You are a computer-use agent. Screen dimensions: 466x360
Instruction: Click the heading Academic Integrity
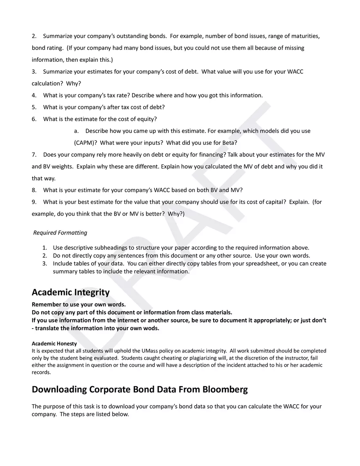[71, 293]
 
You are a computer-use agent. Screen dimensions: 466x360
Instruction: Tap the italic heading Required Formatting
[60, 233]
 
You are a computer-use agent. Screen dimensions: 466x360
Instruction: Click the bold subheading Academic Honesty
[54, 344]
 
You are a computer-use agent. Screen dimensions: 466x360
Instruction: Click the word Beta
[229, 143]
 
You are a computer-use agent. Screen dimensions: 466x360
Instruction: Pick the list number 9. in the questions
[34, 202]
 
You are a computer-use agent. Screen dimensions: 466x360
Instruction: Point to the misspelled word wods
[151, 328]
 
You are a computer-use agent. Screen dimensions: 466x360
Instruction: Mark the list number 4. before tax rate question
[34, 95]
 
